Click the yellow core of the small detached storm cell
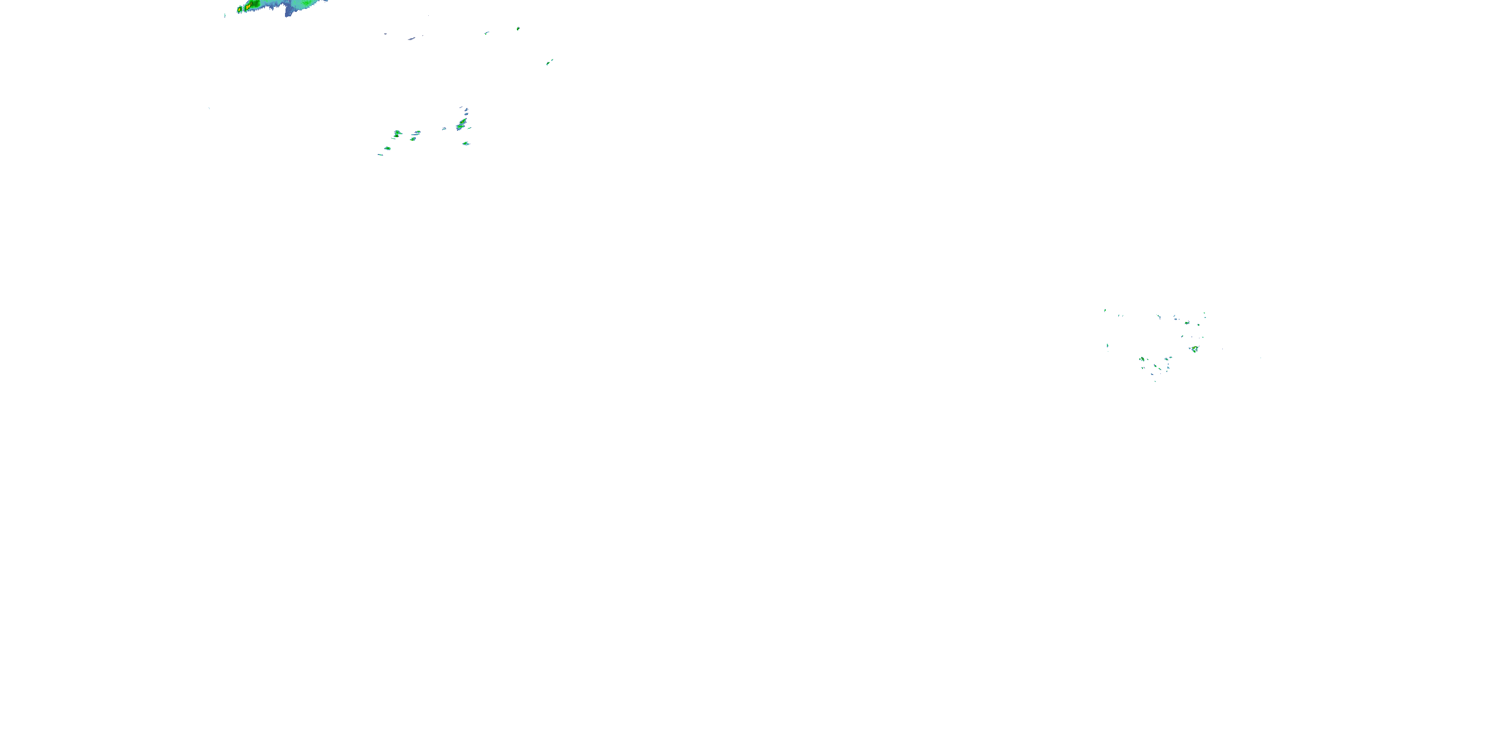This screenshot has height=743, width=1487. (x=240, y=10)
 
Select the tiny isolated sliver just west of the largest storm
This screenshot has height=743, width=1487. (x=225, y=15)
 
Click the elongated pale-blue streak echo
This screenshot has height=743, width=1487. (x=411, y=39)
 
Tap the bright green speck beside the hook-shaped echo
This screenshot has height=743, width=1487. (x=518, y=28)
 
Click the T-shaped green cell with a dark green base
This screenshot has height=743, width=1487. (x=397, y=134)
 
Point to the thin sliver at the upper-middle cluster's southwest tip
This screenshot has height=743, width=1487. (x=380, y=155)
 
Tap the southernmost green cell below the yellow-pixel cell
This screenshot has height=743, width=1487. (x=466, y=144)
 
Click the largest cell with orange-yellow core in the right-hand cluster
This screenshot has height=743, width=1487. (x=1195, y=349)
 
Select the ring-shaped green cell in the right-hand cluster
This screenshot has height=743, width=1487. (x=1142, y=359)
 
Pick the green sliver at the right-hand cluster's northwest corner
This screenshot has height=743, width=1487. (x=1105, y=311)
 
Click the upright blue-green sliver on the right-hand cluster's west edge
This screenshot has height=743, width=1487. (x=1107, y=346)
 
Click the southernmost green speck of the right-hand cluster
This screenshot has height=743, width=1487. (x=1154, y=380)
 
